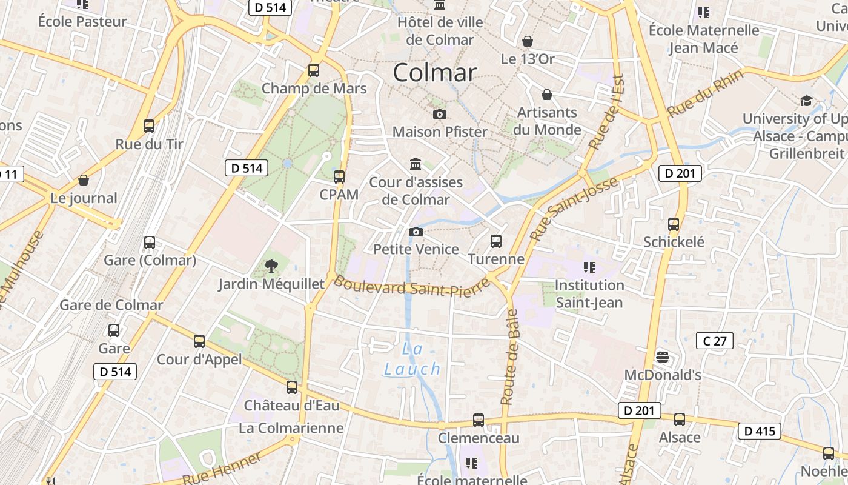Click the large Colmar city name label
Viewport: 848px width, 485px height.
(434, 73)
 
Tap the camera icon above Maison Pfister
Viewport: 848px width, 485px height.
(440, 114)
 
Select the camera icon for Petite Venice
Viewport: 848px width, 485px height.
(416, 232)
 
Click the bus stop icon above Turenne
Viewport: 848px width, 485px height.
(496, 241)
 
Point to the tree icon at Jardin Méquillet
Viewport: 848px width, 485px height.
(271, 266)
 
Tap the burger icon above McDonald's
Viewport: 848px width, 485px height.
(663, 356)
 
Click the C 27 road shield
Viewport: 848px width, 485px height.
(715, 341)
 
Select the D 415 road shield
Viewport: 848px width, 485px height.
(759, 431)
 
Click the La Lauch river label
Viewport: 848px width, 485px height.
(412, 359)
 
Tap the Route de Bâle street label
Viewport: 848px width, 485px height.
(510, 357)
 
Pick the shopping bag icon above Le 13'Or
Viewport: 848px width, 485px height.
(528, 41)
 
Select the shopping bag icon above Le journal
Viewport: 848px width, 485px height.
(84, 180)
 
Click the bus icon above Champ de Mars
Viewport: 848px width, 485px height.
(313, 70)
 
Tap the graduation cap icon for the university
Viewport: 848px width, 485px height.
(806, 101)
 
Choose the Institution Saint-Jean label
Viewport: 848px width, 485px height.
(589, 293)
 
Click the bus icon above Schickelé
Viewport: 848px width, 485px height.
(674, 224)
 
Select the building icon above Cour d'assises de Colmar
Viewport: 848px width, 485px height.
(416, 164)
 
